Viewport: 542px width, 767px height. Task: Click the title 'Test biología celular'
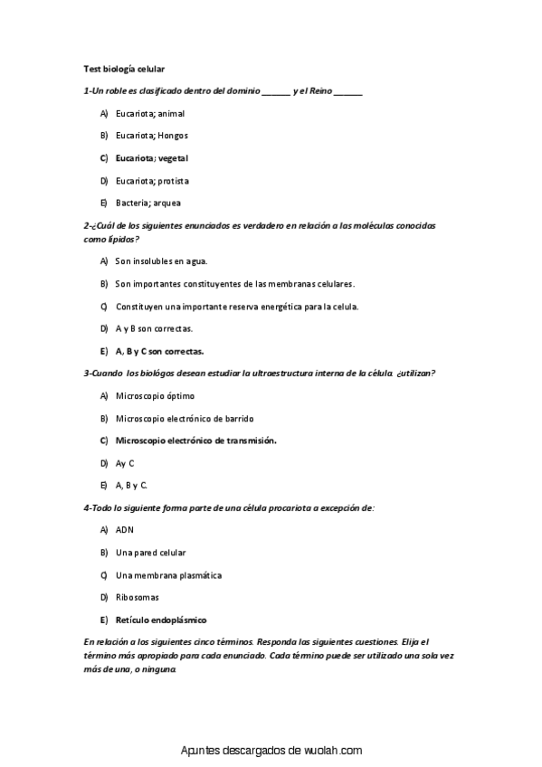point(123,68)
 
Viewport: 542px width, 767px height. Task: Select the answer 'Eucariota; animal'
point(150,113)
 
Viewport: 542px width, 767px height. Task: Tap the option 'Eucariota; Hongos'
point(152,136)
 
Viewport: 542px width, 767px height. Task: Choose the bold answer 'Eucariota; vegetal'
point(152,157)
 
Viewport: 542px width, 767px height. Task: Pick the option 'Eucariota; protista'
point(152,180)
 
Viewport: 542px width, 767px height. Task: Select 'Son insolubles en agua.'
point(161,261)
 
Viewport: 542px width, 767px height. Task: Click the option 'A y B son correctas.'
point(154,328)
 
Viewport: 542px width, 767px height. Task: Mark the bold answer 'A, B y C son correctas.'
point(159,351)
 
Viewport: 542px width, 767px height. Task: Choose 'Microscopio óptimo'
point(155,395)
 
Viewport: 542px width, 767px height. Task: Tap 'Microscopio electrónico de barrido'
point(185,418)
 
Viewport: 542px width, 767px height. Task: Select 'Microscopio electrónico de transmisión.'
point(195,440)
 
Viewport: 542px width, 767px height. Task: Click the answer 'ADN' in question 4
point(125,530)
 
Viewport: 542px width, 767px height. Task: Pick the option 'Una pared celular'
point(150,553)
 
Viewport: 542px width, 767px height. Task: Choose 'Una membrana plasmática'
point(168,575)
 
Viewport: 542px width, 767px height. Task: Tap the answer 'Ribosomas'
point(138,597)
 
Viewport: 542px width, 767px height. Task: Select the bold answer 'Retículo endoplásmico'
point(161,620)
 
